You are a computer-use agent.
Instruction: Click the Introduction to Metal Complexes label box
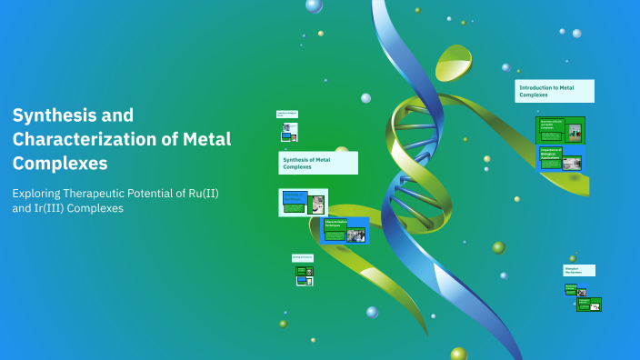555,91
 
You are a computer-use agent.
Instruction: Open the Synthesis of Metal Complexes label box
317,164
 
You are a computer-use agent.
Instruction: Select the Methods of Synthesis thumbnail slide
303,202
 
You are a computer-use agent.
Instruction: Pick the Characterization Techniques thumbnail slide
345,231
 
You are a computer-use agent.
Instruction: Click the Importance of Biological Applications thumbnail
559,159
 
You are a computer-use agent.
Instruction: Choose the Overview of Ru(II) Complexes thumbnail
560,130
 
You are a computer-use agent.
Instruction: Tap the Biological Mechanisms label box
579,270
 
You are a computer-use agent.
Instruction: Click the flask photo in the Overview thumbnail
575,132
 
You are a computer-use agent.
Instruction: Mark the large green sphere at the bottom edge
459,354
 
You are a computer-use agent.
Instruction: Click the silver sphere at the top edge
314,5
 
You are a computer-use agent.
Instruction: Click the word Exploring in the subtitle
34,193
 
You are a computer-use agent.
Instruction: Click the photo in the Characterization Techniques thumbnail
355,235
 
